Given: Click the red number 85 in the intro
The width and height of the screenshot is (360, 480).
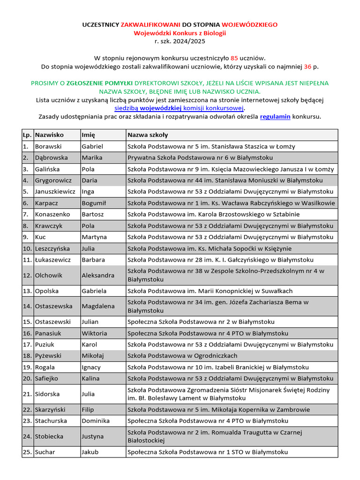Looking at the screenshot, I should coord(234,58).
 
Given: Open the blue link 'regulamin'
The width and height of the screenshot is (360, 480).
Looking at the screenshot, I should coord(275,116).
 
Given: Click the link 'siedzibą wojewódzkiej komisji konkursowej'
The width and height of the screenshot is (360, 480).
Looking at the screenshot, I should coord(180,108).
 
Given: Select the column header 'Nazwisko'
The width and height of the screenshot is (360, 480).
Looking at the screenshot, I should coord(49,135).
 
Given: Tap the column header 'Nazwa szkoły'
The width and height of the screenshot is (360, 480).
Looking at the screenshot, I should coord(148,135).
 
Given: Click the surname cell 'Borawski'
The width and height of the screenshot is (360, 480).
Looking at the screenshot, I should coord(48,147).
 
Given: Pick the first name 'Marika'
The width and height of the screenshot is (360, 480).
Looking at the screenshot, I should coord(92,158).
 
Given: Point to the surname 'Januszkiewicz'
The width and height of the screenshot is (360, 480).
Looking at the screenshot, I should coord(55,192).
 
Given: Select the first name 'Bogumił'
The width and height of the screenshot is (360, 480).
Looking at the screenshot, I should coord(94,203).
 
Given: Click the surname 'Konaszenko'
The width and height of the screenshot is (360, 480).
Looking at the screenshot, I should coord(52,214).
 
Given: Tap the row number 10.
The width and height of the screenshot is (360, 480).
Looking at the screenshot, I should coord(27,248).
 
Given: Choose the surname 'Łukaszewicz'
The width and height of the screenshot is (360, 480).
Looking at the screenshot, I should coord(53,260).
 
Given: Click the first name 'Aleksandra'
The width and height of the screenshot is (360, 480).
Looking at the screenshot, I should coord(98,275).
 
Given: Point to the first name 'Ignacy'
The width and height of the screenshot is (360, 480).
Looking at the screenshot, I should coord(91,367).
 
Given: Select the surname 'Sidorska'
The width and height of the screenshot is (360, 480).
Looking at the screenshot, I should coord(47,394).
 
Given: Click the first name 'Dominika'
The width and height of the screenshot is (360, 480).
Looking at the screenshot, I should coord(96,421).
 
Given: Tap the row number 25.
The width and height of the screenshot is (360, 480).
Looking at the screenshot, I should coord(27,452).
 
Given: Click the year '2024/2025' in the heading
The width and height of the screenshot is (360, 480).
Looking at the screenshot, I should coord(186,41).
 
